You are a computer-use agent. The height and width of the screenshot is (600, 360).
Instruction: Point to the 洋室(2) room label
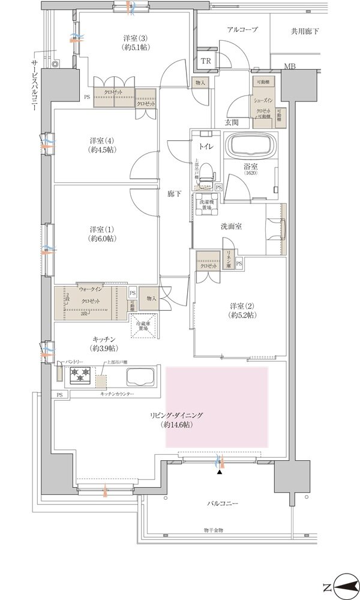coord(243,310)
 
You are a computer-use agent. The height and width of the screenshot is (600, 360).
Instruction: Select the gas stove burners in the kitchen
coord(81,376)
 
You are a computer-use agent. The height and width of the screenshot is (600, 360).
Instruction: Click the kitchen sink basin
coord(140,377)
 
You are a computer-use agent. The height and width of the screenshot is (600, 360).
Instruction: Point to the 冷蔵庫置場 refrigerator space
coord(144,328)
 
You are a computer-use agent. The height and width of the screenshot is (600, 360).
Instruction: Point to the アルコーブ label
coord(242,29)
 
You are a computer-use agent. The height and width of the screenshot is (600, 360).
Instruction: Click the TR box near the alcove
coord(206,61)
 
